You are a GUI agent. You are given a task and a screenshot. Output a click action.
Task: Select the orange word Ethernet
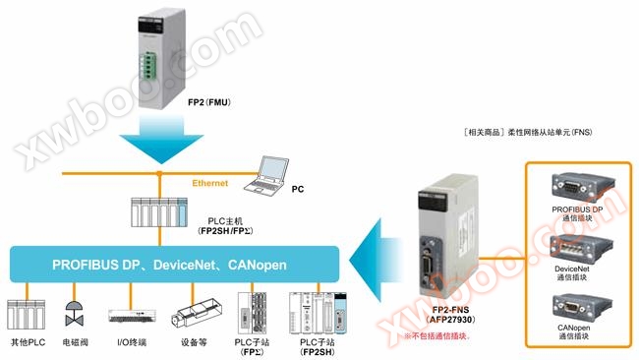pos(210,182)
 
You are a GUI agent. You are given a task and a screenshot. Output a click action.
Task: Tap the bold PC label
pos(298,185)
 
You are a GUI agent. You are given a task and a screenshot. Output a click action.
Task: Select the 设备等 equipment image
pos(195,316)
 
